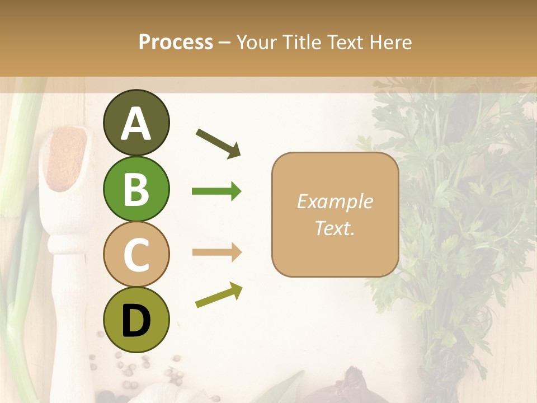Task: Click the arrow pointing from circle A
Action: point(219,143)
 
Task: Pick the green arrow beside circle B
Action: point(216,191)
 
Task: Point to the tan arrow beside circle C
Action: point(216,252)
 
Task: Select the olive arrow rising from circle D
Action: point(219,295)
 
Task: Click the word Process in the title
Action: point(176,43)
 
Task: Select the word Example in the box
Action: point(335,201)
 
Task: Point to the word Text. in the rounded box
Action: point(335,228)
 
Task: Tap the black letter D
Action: point(136,321)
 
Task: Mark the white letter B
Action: point(136,189)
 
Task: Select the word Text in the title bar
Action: point(343,43)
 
